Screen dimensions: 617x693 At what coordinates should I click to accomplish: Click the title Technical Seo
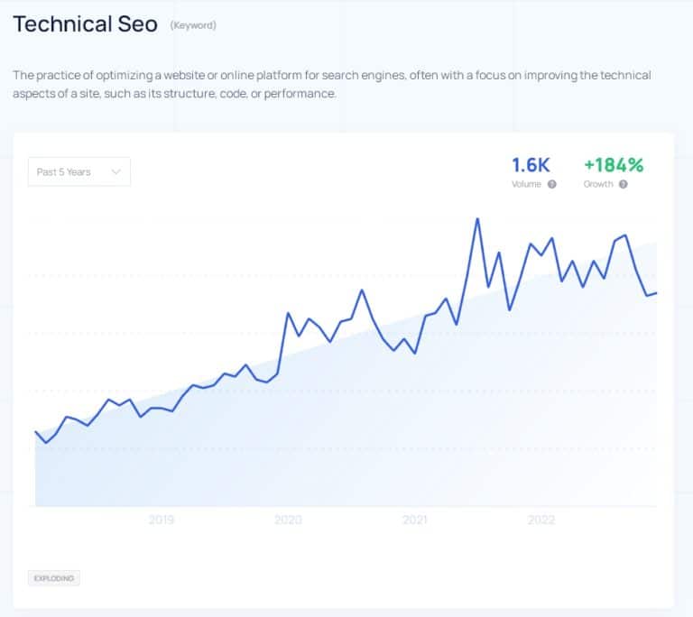point(85,24)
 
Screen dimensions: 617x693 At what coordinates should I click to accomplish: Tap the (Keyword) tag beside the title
point(193,25)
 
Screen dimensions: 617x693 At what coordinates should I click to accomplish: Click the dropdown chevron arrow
point(115,171)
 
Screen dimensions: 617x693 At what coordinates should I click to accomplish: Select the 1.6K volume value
point(531,165)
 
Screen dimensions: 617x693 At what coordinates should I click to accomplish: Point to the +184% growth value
point(614,165)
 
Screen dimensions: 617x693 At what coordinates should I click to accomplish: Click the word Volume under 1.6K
point(526,184)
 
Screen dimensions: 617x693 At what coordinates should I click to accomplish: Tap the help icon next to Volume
point(551,184)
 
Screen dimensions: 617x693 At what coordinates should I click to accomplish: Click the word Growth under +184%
point(597,184)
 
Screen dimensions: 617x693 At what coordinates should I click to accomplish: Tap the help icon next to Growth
point(623,184)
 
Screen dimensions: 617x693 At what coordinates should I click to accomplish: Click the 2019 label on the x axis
point(162,520)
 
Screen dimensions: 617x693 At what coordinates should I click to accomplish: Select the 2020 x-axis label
point(288,520)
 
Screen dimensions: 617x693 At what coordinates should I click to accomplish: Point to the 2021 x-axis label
point(415,520)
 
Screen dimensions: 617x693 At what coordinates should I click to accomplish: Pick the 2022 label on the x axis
point(541,520)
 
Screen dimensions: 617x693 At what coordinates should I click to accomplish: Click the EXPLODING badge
point(53,577)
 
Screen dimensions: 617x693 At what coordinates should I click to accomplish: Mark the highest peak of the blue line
point(476,218)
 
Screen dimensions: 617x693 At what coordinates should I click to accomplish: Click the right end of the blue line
point(657,292)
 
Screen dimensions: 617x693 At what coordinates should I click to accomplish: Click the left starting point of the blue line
point(35,432)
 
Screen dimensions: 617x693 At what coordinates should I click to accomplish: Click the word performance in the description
point(303,94)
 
